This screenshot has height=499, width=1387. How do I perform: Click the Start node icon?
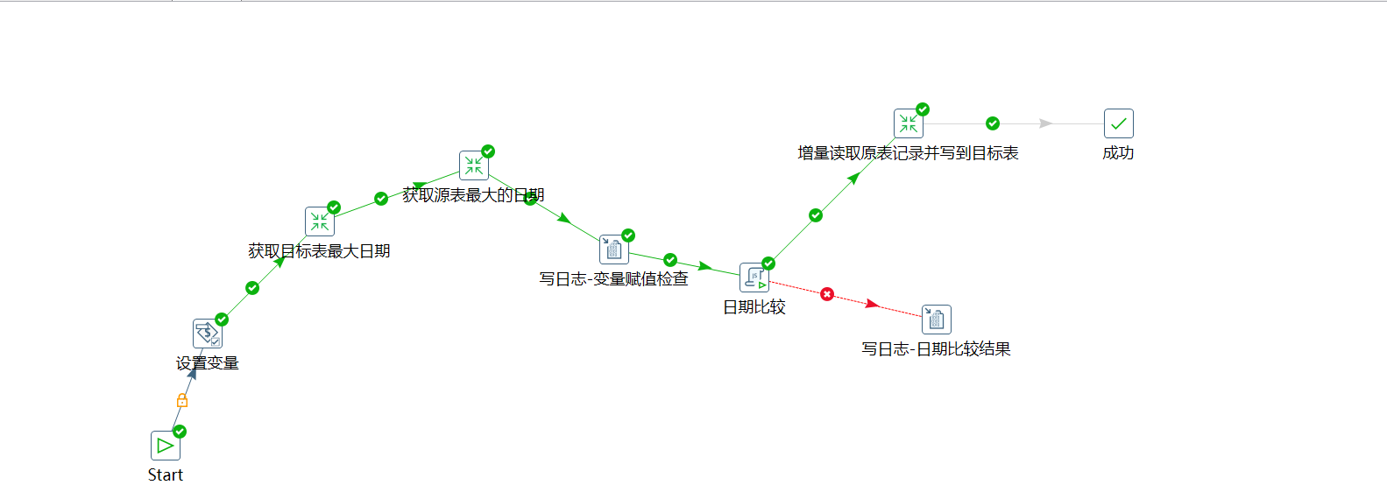pos(166,446)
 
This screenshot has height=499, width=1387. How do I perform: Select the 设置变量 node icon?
pos(208,334)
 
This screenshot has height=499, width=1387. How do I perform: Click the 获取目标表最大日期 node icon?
pos(320,221)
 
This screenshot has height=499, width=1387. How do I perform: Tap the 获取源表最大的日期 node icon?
pos(474,165)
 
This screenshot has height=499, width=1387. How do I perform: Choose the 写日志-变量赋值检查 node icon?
pos(614,249)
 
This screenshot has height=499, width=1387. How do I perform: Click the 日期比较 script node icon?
pos(754,278)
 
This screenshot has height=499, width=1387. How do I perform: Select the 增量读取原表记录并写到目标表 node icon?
pos(909,123)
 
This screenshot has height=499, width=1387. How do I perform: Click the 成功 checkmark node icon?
pos(1119,123)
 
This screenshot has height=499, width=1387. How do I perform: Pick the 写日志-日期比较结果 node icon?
pos(937,320)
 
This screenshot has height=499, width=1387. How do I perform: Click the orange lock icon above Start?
pos(182,400)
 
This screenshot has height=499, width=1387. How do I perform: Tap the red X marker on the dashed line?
pos(827,294)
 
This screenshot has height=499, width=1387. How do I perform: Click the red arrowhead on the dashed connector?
pos(872,304)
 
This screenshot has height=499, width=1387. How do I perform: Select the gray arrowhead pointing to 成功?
pos(1045,123)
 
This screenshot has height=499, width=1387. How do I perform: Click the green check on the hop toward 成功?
pos(993,123)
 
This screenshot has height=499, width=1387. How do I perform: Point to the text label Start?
pos(166,475)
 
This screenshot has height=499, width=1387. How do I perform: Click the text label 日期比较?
pos(754,307)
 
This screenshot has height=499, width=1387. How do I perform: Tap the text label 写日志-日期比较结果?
pos(936,349)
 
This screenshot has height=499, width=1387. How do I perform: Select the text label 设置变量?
pos(208,363)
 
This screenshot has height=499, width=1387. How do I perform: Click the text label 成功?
pos(1118,153)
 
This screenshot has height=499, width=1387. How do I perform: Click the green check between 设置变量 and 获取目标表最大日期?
pos(252,288)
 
